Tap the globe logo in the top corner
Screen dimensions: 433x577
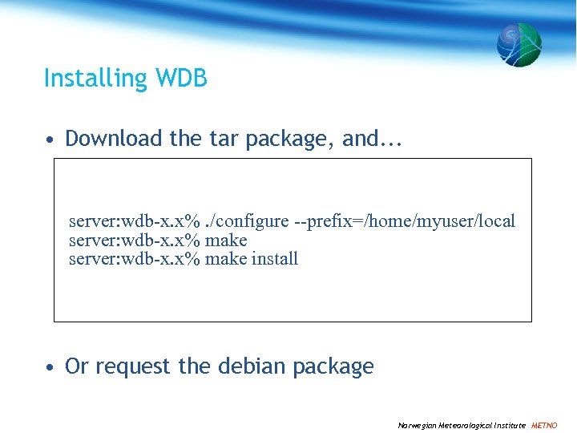point(518,44)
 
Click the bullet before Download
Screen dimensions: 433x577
point(50,140)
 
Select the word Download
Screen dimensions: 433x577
point(114,139)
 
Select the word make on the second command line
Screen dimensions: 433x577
point(226,241)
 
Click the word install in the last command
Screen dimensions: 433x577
point(275,259)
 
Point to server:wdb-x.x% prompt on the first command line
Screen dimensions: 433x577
point(134,221)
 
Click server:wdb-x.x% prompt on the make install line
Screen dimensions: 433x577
point(134,259)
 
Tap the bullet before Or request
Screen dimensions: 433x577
point(50,367)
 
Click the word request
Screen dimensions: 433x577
point(134,366)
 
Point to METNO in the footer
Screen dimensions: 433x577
point(544,425)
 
